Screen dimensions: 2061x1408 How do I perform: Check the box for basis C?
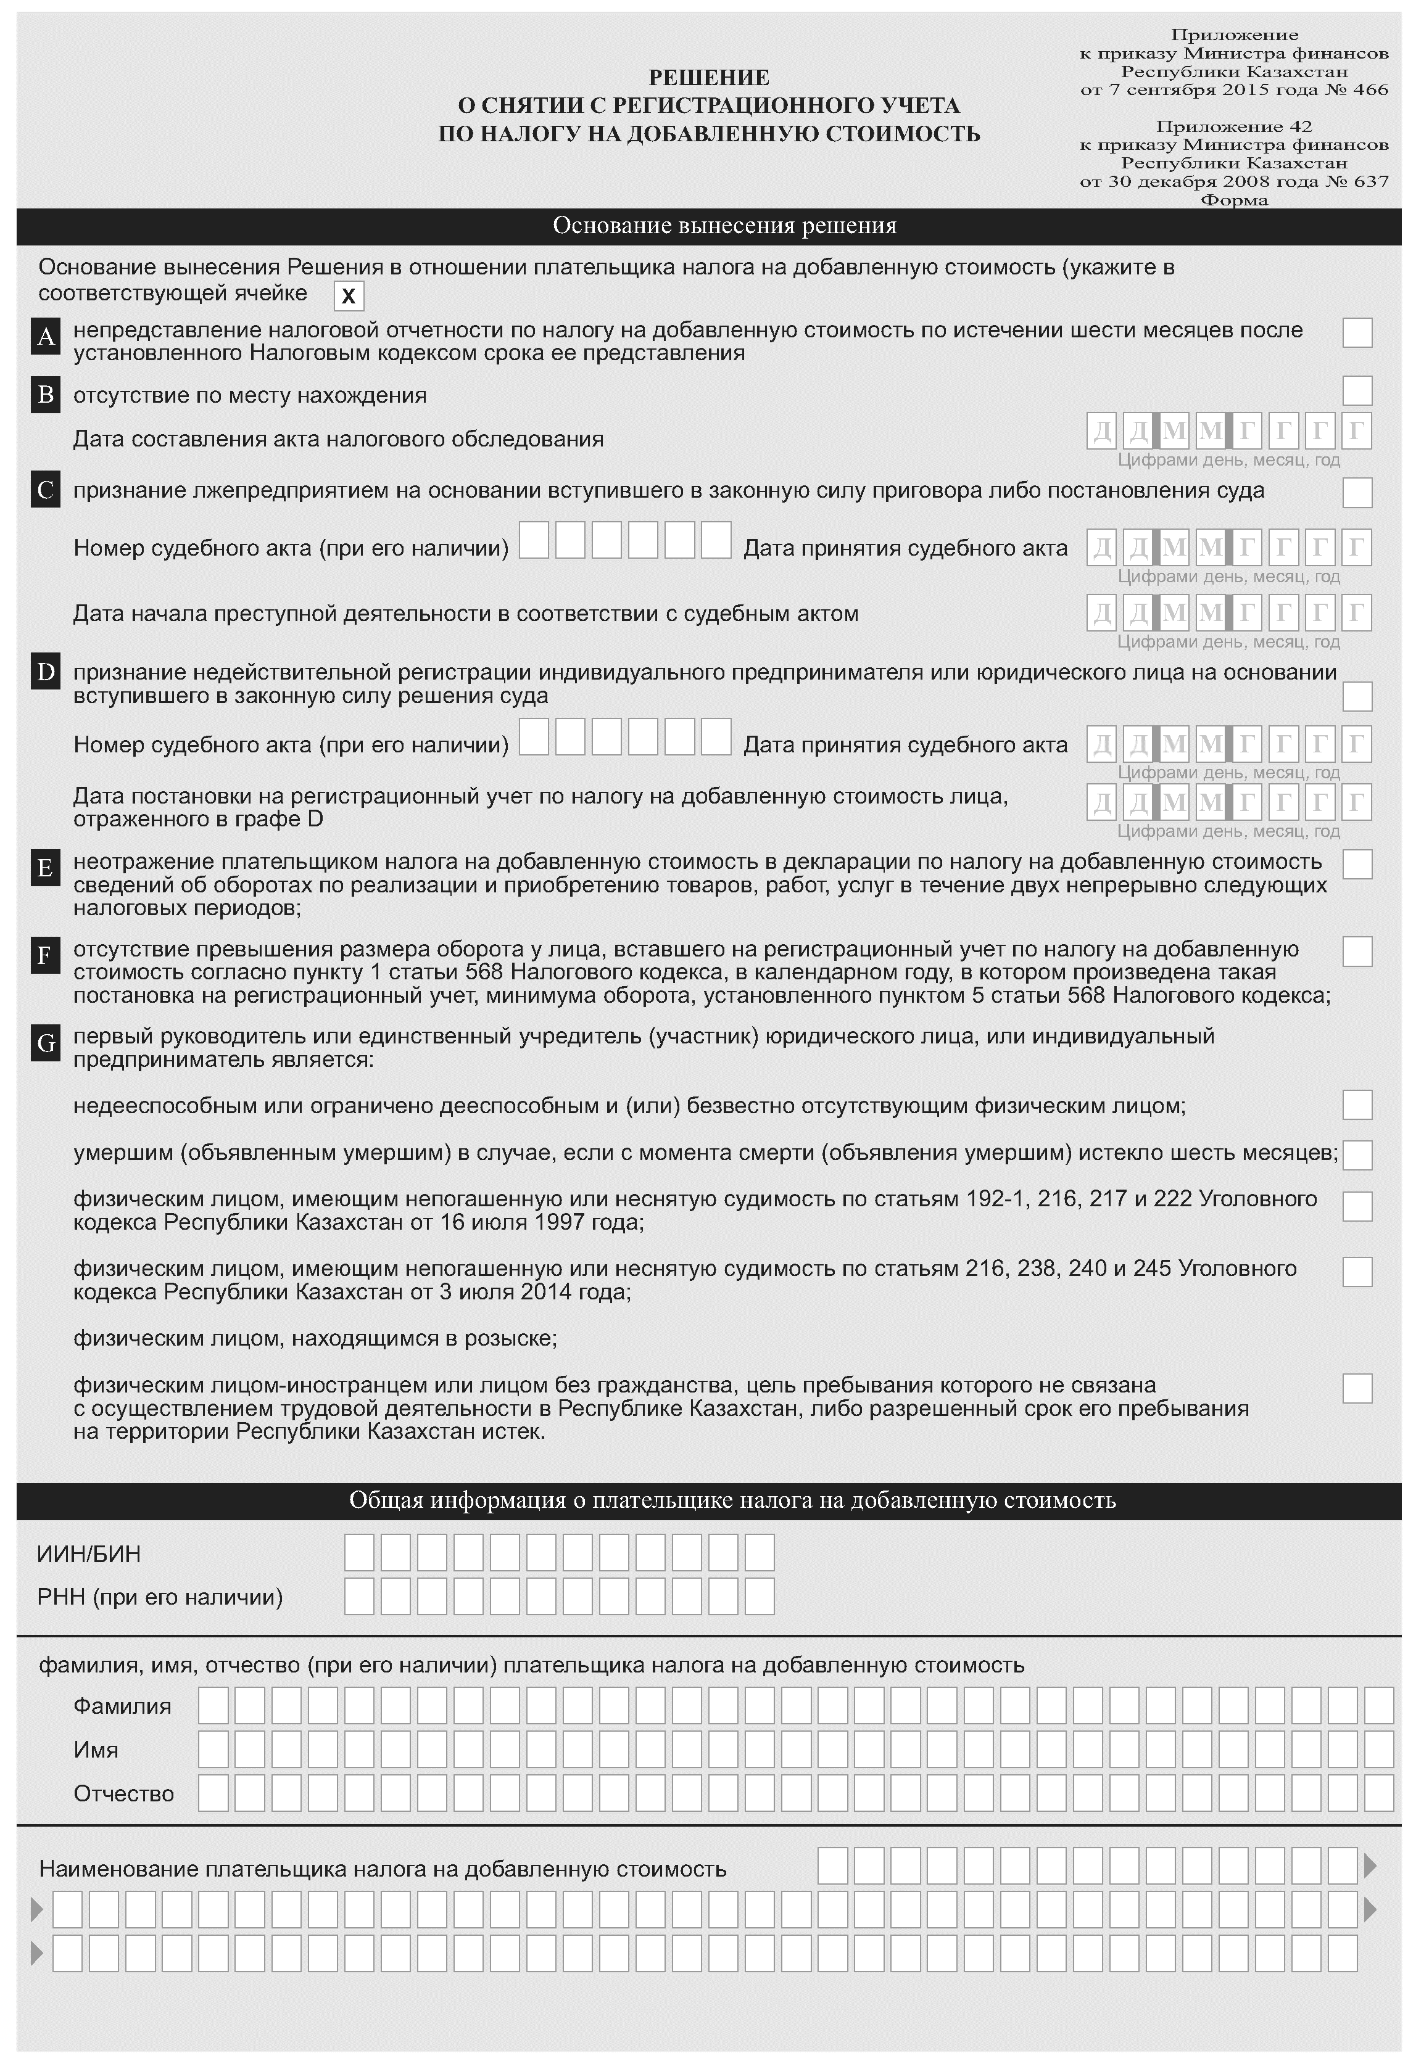(1357, 492)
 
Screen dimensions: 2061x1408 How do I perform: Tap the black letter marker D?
(45, 672)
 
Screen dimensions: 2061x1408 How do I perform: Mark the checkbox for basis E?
(1357, 864)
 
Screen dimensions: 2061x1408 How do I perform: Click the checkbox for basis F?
(1357, 952)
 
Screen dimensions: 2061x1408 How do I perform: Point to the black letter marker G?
(45, 1043)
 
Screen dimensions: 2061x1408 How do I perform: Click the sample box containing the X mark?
(349, 295)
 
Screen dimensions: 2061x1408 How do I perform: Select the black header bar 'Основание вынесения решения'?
(708, 226)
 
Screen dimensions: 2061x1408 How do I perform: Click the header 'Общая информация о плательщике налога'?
(708, 1500)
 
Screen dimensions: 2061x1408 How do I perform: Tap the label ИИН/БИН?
(89, 1555)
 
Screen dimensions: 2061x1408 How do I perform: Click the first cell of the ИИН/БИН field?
(359, 1553)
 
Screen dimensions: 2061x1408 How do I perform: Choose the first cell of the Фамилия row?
(213, 1705)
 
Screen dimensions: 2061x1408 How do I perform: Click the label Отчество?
(123, 1793)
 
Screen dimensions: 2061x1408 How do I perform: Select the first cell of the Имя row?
(213, 1749)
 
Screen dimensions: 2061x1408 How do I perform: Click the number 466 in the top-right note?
(1371, 89)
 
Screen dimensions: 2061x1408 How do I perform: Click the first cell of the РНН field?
(359, 1596)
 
